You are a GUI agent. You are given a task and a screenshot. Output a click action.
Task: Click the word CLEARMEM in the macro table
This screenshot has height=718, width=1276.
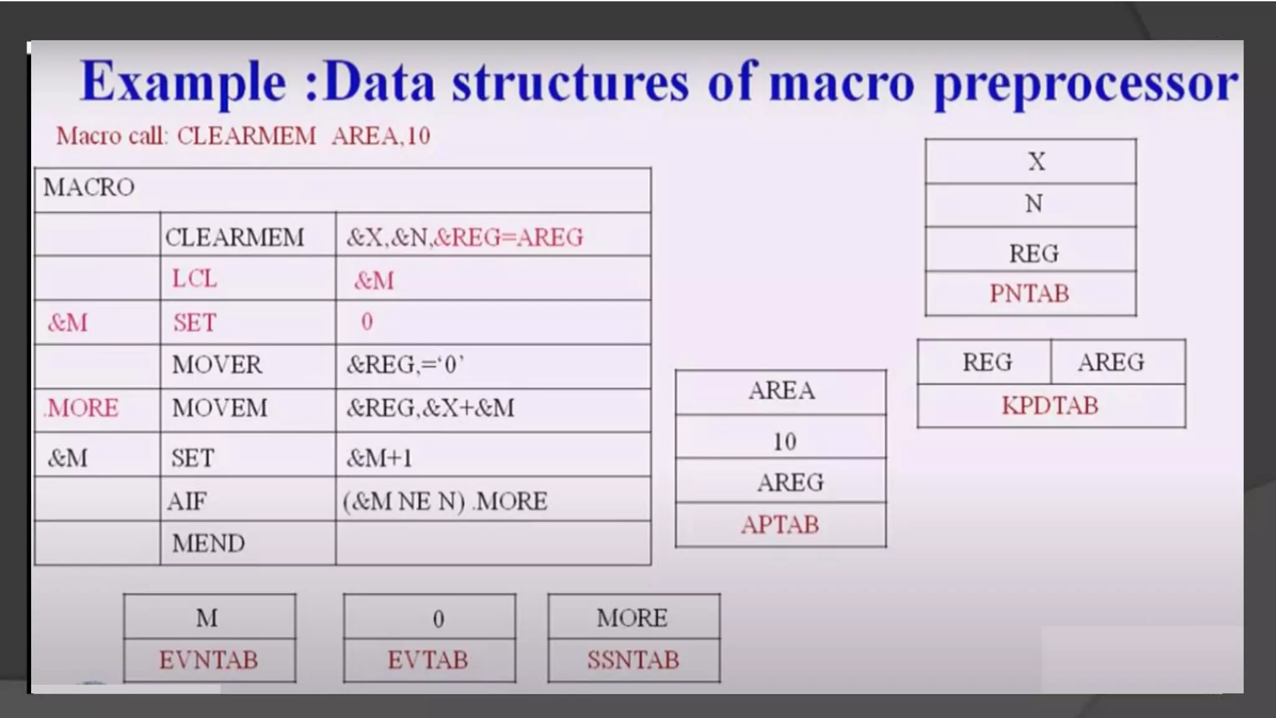coord(234,237)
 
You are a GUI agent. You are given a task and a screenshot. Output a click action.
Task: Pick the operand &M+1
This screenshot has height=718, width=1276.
coord(379,458)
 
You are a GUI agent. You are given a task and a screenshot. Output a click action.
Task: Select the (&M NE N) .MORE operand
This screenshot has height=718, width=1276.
coord(445,501)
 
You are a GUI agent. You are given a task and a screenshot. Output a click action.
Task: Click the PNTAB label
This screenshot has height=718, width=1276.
coord(1029,294)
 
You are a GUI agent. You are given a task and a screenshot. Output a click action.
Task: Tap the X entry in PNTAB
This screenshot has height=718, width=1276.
coord(1036,162)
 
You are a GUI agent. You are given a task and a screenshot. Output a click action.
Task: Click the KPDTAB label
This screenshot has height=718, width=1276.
coord(1050,406)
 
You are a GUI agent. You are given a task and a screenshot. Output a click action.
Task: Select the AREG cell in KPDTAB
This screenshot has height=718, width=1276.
coord(1111,363)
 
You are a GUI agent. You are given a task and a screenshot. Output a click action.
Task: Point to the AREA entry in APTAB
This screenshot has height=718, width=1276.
coord(781,391)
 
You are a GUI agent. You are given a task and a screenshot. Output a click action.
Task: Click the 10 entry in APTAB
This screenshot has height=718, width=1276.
coord(784,442)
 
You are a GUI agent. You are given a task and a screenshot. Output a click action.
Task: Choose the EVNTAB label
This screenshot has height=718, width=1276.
coord(208,660)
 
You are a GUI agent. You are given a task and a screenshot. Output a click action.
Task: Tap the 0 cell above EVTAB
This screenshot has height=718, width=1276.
coord(438,619)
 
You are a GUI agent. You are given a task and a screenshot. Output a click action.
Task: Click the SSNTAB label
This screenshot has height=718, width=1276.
coord(633,660)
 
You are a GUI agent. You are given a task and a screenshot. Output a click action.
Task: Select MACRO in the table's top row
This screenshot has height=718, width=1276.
coord(88,188)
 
